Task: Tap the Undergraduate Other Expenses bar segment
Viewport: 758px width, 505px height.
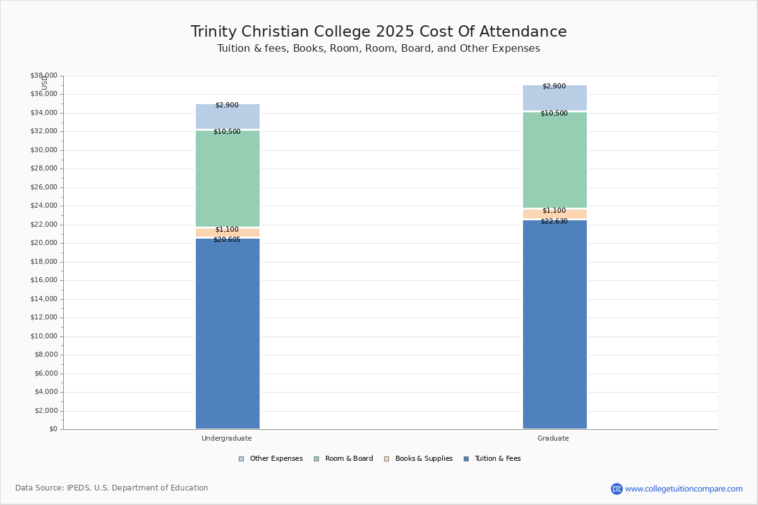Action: [227, 117]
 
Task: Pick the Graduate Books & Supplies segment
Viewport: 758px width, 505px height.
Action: [555, 214]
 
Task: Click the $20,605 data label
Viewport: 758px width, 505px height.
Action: [227, 240]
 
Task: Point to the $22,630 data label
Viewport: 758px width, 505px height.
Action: [554, 222]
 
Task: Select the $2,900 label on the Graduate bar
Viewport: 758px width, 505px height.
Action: [554, 86]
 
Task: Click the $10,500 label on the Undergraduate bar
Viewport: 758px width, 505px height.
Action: [227, 132]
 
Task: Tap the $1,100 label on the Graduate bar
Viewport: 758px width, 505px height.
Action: [554, 211]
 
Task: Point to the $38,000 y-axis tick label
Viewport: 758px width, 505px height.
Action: [44, 76]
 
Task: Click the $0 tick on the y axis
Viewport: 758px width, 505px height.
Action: [52, 429]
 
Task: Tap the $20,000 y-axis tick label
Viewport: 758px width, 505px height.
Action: [44, 243]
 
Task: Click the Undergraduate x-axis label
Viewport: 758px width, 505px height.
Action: [227, 438]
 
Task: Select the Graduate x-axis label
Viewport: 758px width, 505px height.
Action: [553, 438]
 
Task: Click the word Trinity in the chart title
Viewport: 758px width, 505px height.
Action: [215, 32]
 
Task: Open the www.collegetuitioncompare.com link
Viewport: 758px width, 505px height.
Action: [683, 489]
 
